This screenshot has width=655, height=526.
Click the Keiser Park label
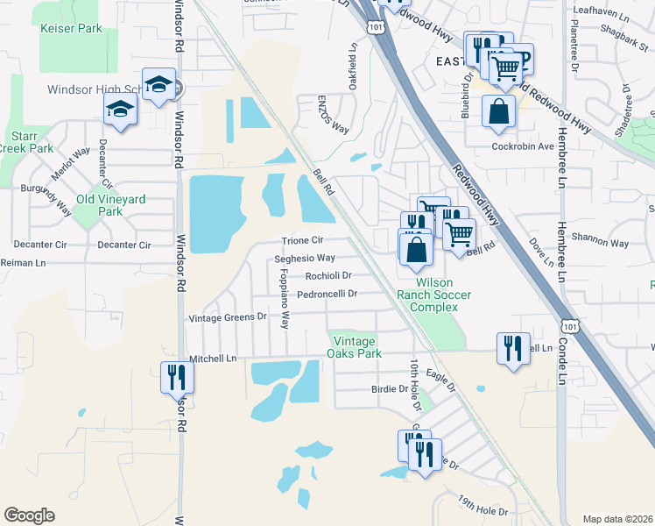click(x=71, y=28)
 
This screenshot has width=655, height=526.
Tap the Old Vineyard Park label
click(x=110, y=205)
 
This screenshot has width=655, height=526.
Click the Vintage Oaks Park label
click(x=355, y=347)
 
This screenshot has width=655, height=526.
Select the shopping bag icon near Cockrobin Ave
click(x=497, y=111)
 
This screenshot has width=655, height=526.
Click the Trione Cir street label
click(x=302, y=240)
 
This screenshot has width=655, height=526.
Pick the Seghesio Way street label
click(x=305, y=259)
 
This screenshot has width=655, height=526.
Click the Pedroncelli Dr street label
click(x=327, y=294)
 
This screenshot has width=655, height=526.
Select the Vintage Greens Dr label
click(x=227, y=317)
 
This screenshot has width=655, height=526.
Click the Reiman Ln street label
click(x=22, y=263)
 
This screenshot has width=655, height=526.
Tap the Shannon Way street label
click(x=600, y=243)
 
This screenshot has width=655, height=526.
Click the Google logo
click(x=29, y=515)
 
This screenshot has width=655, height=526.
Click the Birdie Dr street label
click(x=391, y=388)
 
